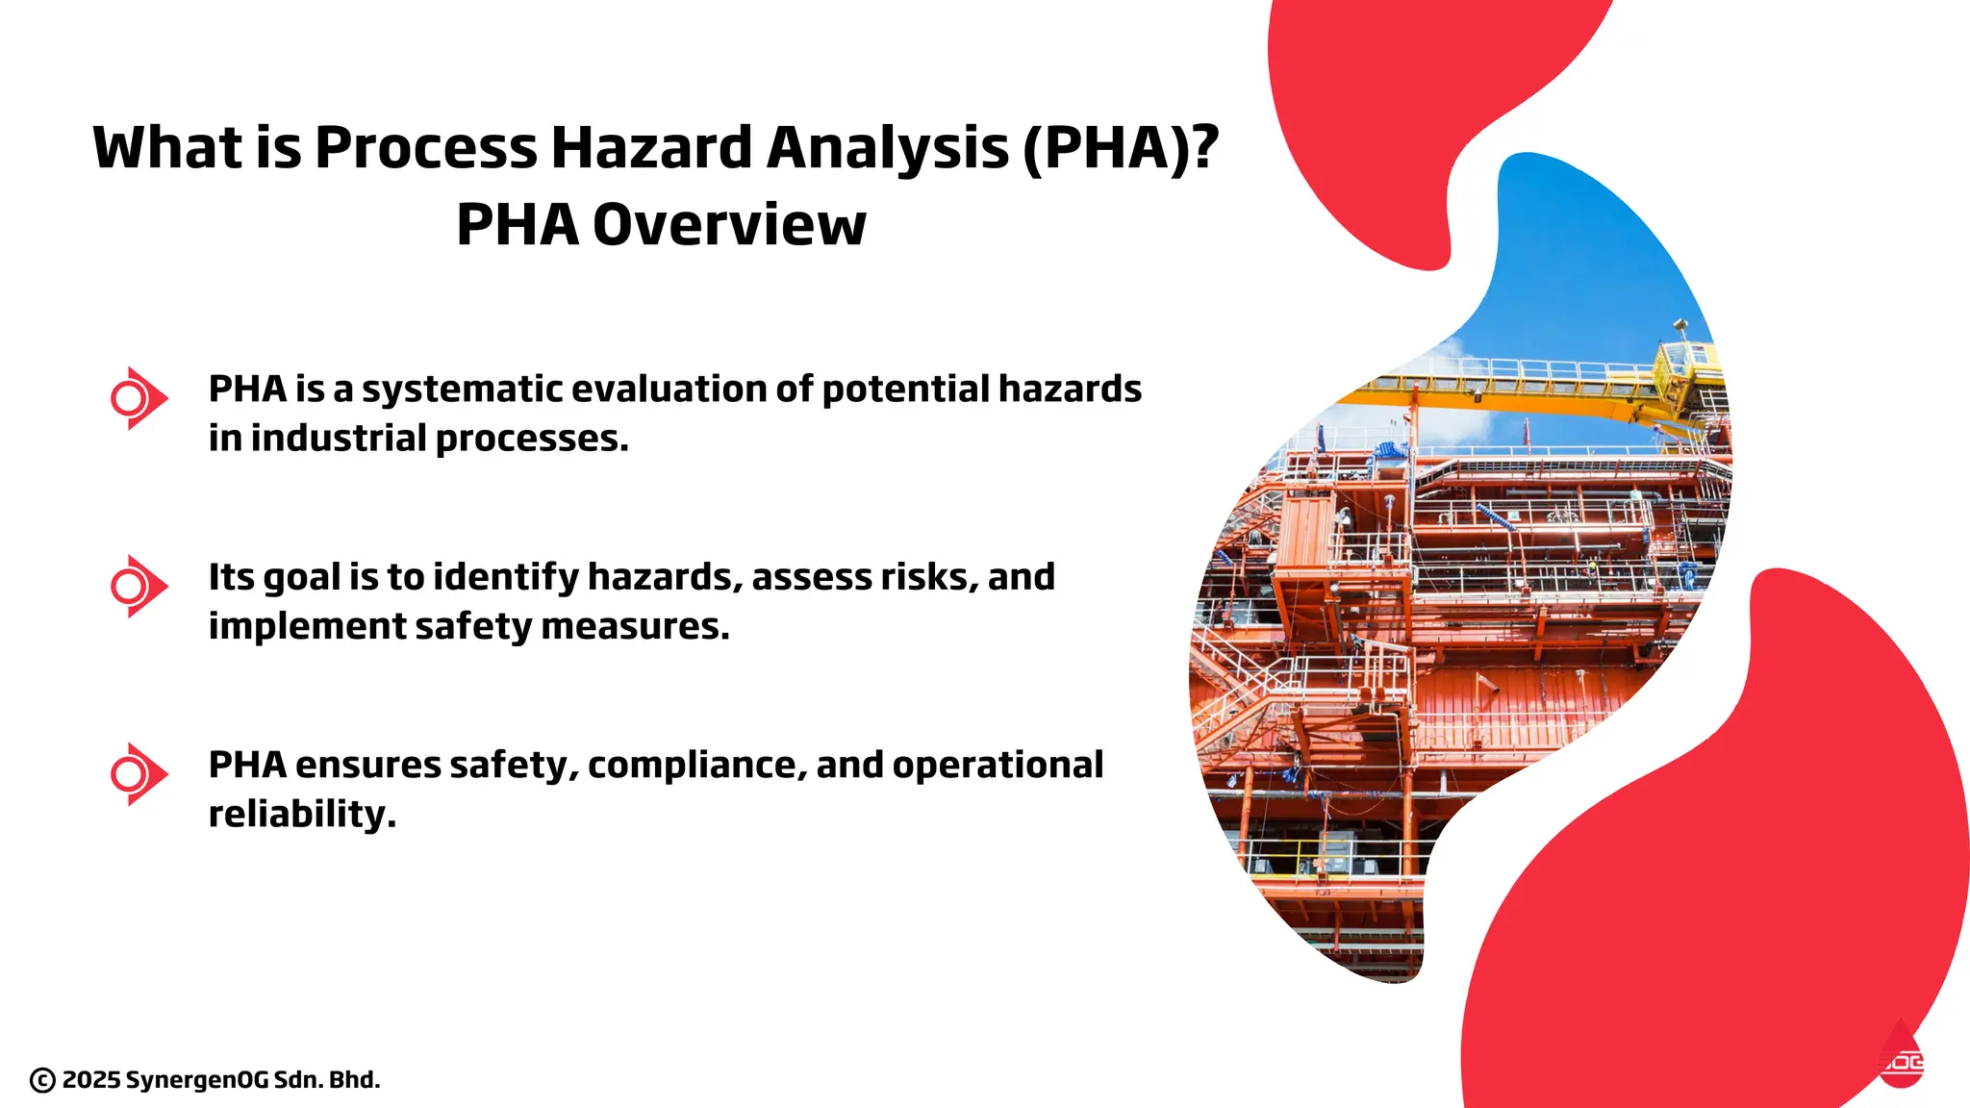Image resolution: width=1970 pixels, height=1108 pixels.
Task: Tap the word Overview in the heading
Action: [x=729, y=225]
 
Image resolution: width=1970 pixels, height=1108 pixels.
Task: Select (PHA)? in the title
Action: [x=1120, y=148]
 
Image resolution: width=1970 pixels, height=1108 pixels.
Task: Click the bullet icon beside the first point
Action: [x=139, y=397]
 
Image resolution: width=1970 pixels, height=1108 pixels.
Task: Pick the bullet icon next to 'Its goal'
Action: [x=139, y=586]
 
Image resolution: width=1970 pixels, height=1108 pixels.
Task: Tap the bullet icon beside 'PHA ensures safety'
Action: [x=139, y=773]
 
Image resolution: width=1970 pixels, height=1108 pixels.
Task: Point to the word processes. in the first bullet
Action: [x=532, y=439]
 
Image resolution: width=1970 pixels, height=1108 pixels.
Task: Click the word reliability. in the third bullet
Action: [x=302, y=815]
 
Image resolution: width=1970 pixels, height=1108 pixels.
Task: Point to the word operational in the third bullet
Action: [x=998, y=766]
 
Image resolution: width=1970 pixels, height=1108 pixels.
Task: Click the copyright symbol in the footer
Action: [x=42, y=1080]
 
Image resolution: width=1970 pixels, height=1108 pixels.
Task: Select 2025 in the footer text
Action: [x=91, y=1080]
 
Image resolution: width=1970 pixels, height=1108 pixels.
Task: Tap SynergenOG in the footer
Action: [x=197, y=1080]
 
